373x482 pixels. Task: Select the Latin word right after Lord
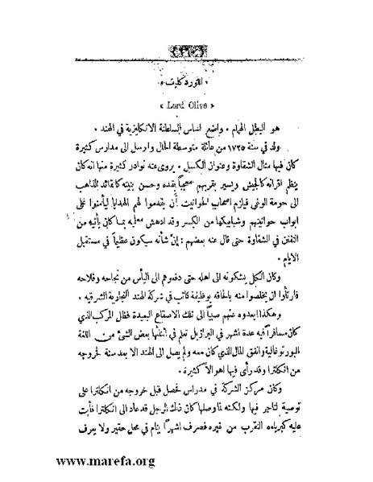pyautogui.click(x=198, y=105)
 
